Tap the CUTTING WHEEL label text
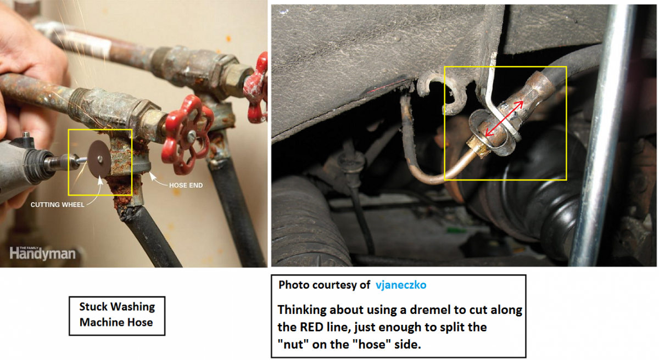tap(57, 205)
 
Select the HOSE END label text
tap(186, 185)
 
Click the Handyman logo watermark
tap(43, 254)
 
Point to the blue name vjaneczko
tap(401, 285)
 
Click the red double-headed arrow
tap(504, 119)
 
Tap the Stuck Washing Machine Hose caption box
tap(117, 316)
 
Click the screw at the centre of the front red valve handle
tap(192, 136)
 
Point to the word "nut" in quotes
tap(291, 345)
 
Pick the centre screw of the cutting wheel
tap(100, 159)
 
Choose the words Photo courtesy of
tap(324, 285)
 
